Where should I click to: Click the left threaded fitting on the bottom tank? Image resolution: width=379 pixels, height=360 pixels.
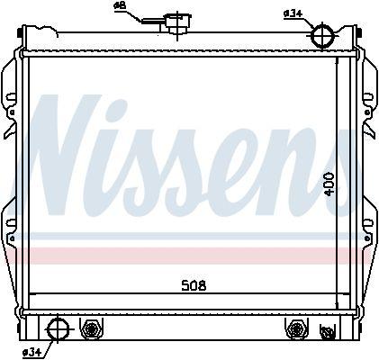point(91,328)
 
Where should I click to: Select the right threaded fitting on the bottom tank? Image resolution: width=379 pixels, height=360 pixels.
point(293,328)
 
